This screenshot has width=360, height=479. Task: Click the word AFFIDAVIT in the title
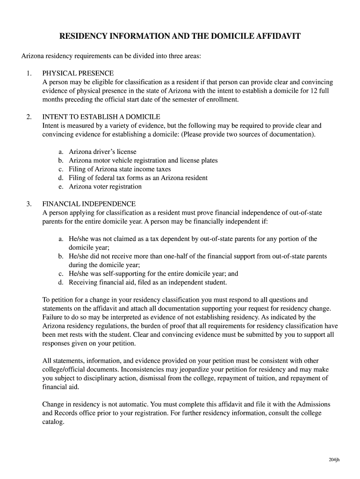click(x=274, y=36)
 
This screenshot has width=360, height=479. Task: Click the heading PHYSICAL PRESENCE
click(x=78, y=73)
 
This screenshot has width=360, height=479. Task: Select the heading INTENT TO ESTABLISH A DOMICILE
click(x=101, y=116)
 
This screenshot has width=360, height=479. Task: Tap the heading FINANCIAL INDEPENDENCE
click(x=89, y=204)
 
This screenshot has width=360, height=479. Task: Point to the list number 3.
click(x=29, y=204)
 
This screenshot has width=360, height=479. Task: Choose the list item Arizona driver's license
click(x=102, y=152)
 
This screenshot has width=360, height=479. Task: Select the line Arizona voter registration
click(x=105, y=187)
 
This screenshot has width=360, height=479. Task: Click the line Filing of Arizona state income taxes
click(x=120, y=169)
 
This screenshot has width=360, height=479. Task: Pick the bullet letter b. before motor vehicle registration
click(x=61, y=160)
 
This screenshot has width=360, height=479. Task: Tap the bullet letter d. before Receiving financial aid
click(x=61, y=283)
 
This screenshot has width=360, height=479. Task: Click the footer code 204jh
click(x=334, y=460)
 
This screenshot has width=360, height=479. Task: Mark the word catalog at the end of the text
click(x=53, y=421)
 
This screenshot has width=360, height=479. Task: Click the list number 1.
click(x=29, y=73)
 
